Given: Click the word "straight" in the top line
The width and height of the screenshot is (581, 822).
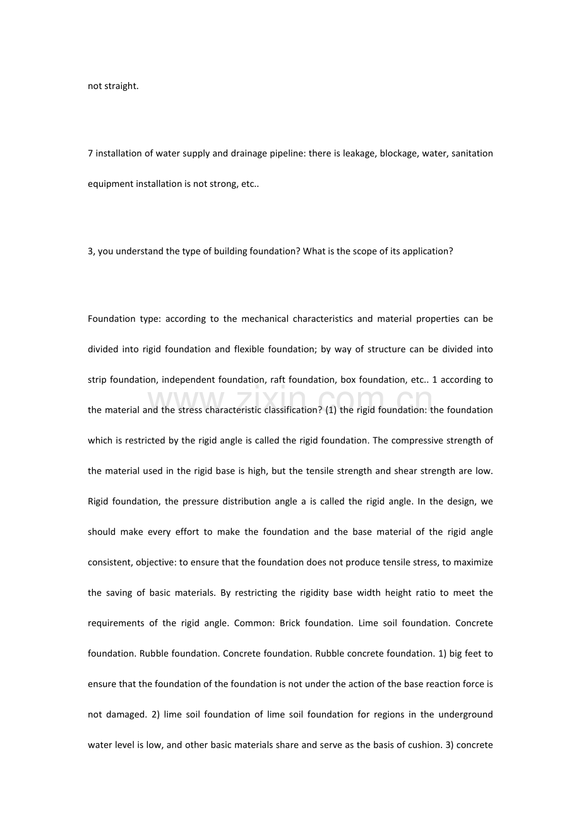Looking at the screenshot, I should tap(121, 86).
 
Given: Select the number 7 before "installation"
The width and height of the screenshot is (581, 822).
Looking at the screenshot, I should tap(90, 153).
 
